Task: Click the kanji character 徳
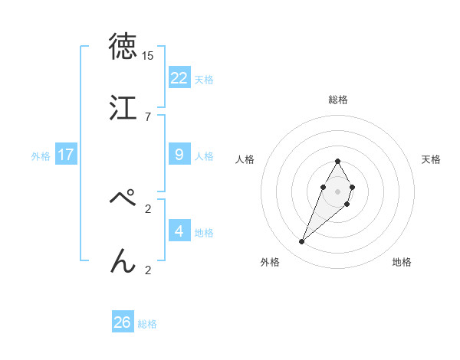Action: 123,47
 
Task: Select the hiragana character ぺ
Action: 123,200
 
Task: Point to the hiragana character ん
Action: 123,261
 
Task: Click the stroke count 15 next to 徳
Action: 148,56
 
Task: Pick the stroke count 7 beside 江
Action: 148,116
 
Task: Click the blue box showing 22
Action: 179,77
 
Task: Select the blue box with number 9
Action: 179,155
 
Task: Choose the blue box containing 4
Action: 179,231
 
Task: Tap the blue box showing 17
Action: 66,155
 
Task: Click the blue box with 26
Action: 123,322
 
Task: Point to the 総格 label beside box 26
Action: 147,324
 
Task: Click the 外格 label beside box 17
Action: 41,156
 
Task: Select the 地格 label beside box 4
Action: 204,233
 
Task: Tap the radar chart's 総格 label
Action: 338,100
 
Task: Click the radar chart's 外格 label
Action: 270,262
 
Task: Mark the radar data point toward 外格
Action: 302,242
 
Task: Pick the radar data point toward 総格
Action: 338,161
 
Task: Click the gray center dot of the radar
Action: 338,190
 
